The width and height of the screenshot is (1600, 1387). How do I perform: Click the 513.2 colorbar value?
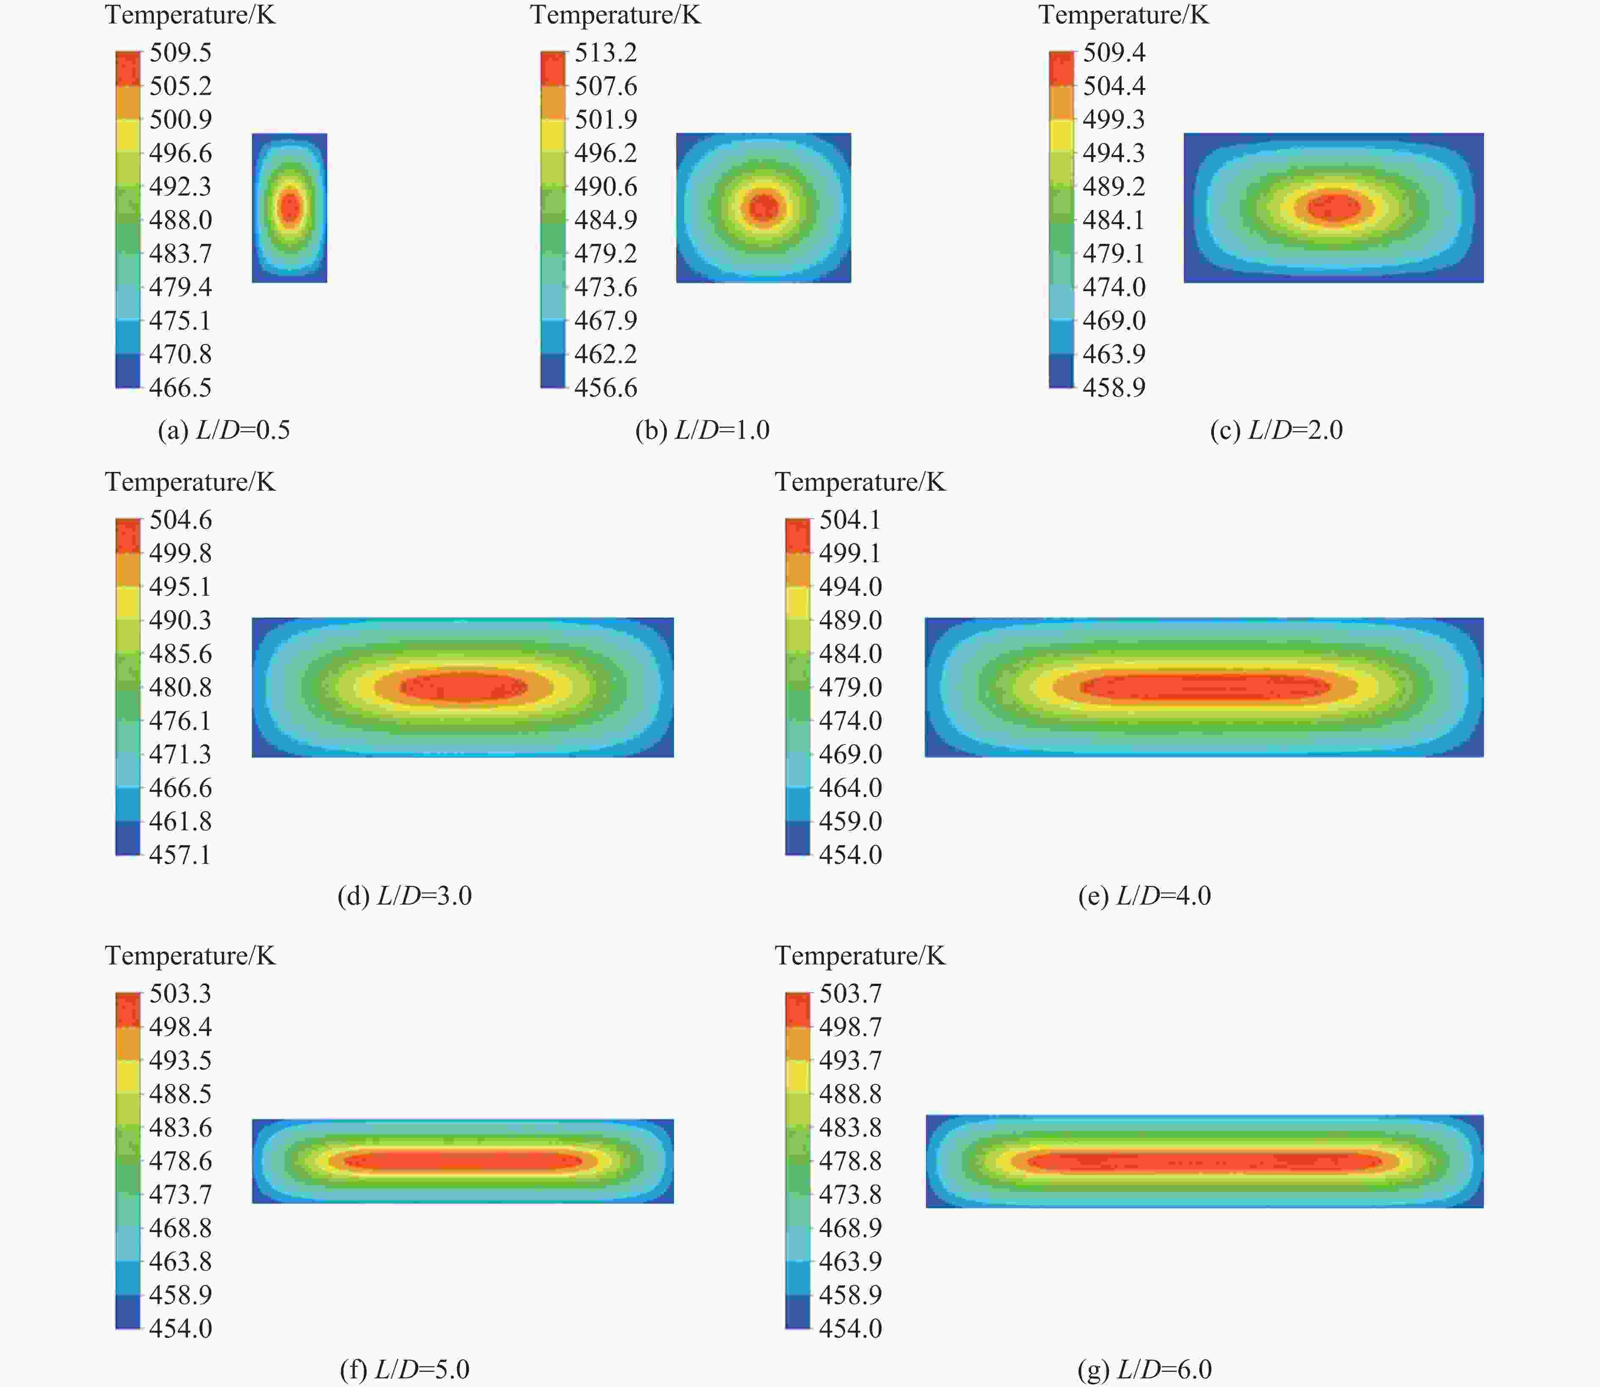click(605, 52)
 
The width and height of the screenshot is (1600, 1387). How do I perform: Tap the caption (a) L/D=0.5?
click(224, 430)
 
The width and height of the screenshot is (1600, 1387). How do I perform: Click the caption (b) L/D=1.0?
click(702, 430)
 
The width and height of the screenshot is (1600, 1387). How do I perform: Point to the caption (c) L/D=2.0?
click(1277, 430)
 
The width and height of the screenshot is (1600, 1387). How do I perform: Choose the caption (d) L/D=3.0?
click(404, 896)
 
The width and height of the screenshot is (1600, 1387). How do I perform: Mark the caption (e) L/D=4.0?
click(1144, 896)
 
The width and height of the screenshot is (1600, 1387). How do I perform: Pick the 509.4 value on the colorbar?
click(1114, 52)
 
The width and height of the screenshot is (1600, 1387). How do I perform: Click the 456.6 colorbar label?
click(605, 387)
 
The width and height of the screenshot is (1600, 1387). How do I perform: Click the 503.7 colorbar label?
click(850, 993)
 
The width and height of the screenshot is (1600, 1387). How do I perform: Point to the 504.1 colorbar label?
click(850, 519)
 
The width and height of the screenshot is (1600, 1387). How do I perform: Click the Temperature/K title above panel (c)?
click(1123, 15)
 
